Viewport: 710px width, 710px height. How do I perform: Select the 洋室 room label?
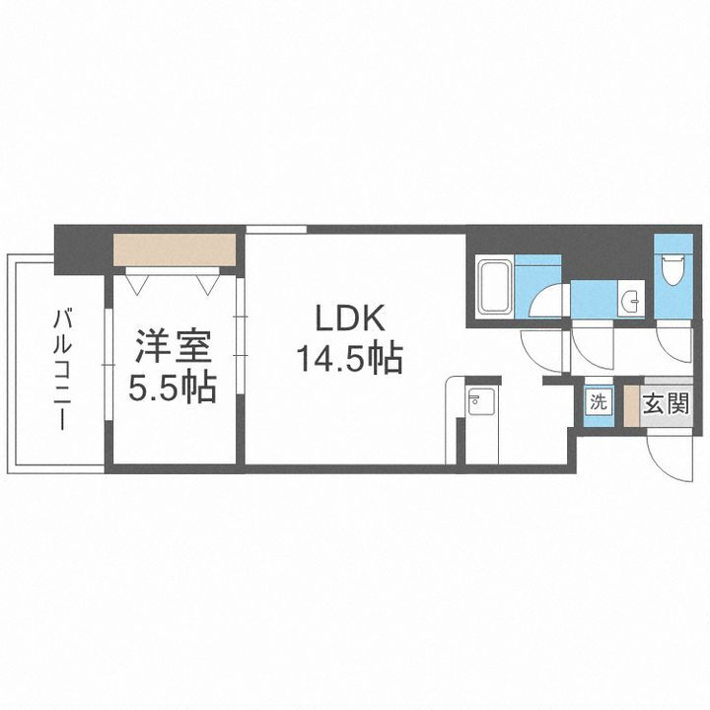(x=174, y=348)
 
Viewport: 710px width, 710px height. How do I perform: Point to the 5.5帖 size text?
(x=174, y=388)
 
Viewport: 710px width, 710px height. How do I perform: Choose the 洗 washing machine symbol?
(x=599, y=402)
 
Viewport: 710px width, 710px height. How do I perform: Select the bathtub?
(x=493, y=286)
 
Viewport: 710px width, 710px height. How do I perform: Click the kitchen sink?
(x=479, y=403)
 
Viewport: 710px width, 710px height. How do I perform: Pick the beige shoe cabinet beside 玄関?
(x=630, y=404)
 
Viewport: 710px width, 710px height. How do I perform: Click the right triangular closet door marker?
(x=208, y=283)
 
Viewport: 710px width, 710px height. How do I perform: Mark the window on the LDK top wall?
(x=275, y=229)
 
